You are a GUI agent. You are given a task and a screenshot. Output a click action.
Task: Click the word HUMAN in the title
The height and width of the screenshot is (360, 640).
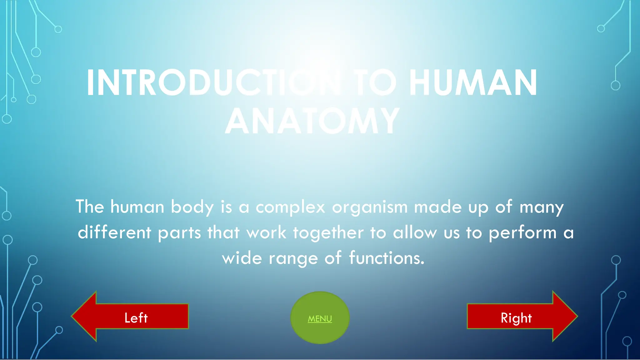(473, 83)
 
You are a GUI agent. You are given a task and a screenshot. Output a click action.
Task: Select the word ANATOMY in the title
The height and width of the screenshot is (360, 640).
(312, 121)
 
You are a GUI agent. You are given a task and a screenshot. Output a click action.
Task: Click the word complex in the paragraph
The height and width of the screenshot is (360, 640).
(290, 207)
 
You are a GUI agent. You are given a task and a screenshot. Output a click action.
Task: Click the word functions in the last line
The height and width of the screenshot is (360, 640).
(387, 258)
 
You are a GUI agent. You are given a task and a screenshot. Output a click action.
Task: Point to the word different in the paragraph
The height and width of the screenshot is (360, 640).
(114, 232)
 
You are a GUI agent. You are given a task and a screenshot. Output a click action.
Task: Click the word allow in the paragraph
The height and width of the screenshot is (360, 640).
(415, 232)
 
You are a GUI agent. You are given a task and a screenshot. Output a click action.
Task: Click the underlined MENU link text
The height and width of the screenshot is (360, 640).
(320, 319)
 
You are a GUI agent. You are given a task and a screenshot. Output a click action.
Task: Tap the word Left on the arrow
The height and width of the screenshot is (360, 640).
(136, 318)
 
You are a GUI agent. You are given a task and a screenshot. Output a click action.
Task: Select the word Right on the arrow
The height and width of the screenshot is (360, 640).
(516, 318)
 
